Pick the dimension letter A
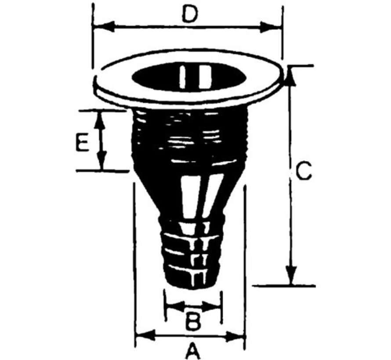pyautogui.click(x=192, y=351)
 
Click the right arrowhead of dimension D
pyautogui.click(x=275, y=27)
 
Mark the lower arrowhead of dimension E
pyautogui.click(x=101, y=162)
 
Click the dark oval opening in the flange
pyautogui.click(x=189, y=78)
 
